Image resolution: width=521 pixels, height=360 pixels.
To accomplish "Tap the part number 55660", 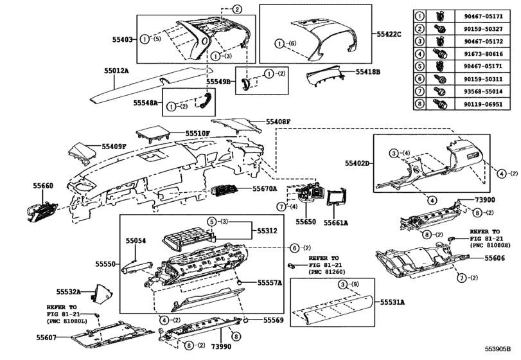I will click(x=42, y=185).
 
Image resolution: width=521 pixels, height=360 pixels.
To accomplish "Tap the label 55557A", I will click(x=270, y=282).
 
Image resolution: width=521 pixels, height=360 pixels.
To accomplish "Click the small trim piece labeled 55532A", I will click(x=100, y=293).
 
